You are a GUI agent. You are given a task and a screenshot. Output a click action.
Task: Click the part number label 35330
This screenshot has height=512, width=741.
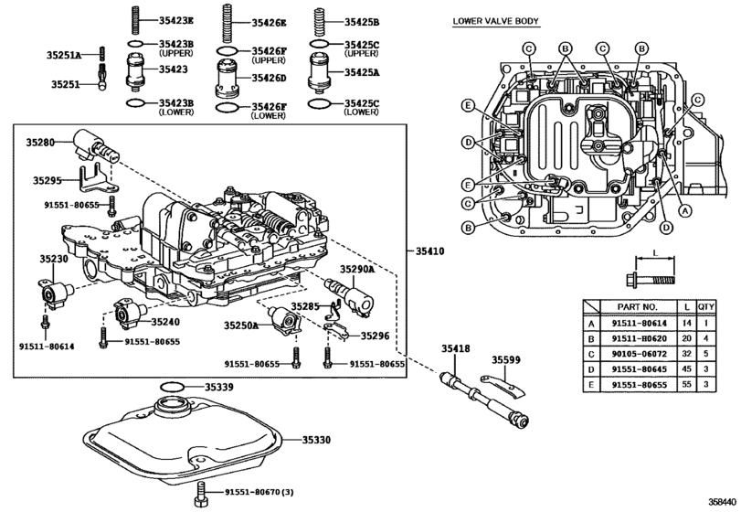pyautogui.click(x=317, y=440)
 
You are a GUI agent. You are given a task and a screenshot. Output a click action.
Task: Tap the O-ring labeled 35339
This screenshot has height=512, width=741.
pyautogui.click(x=172, y=387)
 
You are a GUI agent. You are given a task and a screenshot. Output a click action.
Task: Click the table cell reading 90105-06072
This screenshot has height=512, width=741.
pyautogui.click(x=639, y=354)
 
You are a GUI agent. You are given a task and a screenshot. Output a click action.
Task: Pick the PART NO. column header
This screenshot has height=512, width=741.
pyautogui.click(x=637, y=307)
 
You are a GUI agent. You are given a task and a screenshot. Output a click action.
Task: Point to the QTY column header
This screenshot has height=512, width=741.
pyautogui.click(x=706, y=307)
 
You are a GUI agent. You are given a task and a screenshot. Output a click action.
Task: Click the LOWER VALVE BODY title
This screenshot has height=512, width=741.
pyautogui.click(x=495, y=21)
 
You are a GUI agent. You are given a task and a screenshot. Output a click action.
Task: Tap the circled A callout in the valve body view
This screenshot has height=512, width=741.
pyautogui.click(x=684, y=211)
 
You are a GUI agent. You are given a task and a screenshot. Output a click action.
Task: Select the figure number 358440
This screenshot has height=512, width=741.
pyautogui.click(x=722, y=501)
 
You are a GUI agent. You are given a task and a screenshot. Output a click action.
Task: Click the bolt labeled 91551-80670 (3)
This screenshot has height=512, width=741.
pyautogui.click(x=200, y=494)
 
